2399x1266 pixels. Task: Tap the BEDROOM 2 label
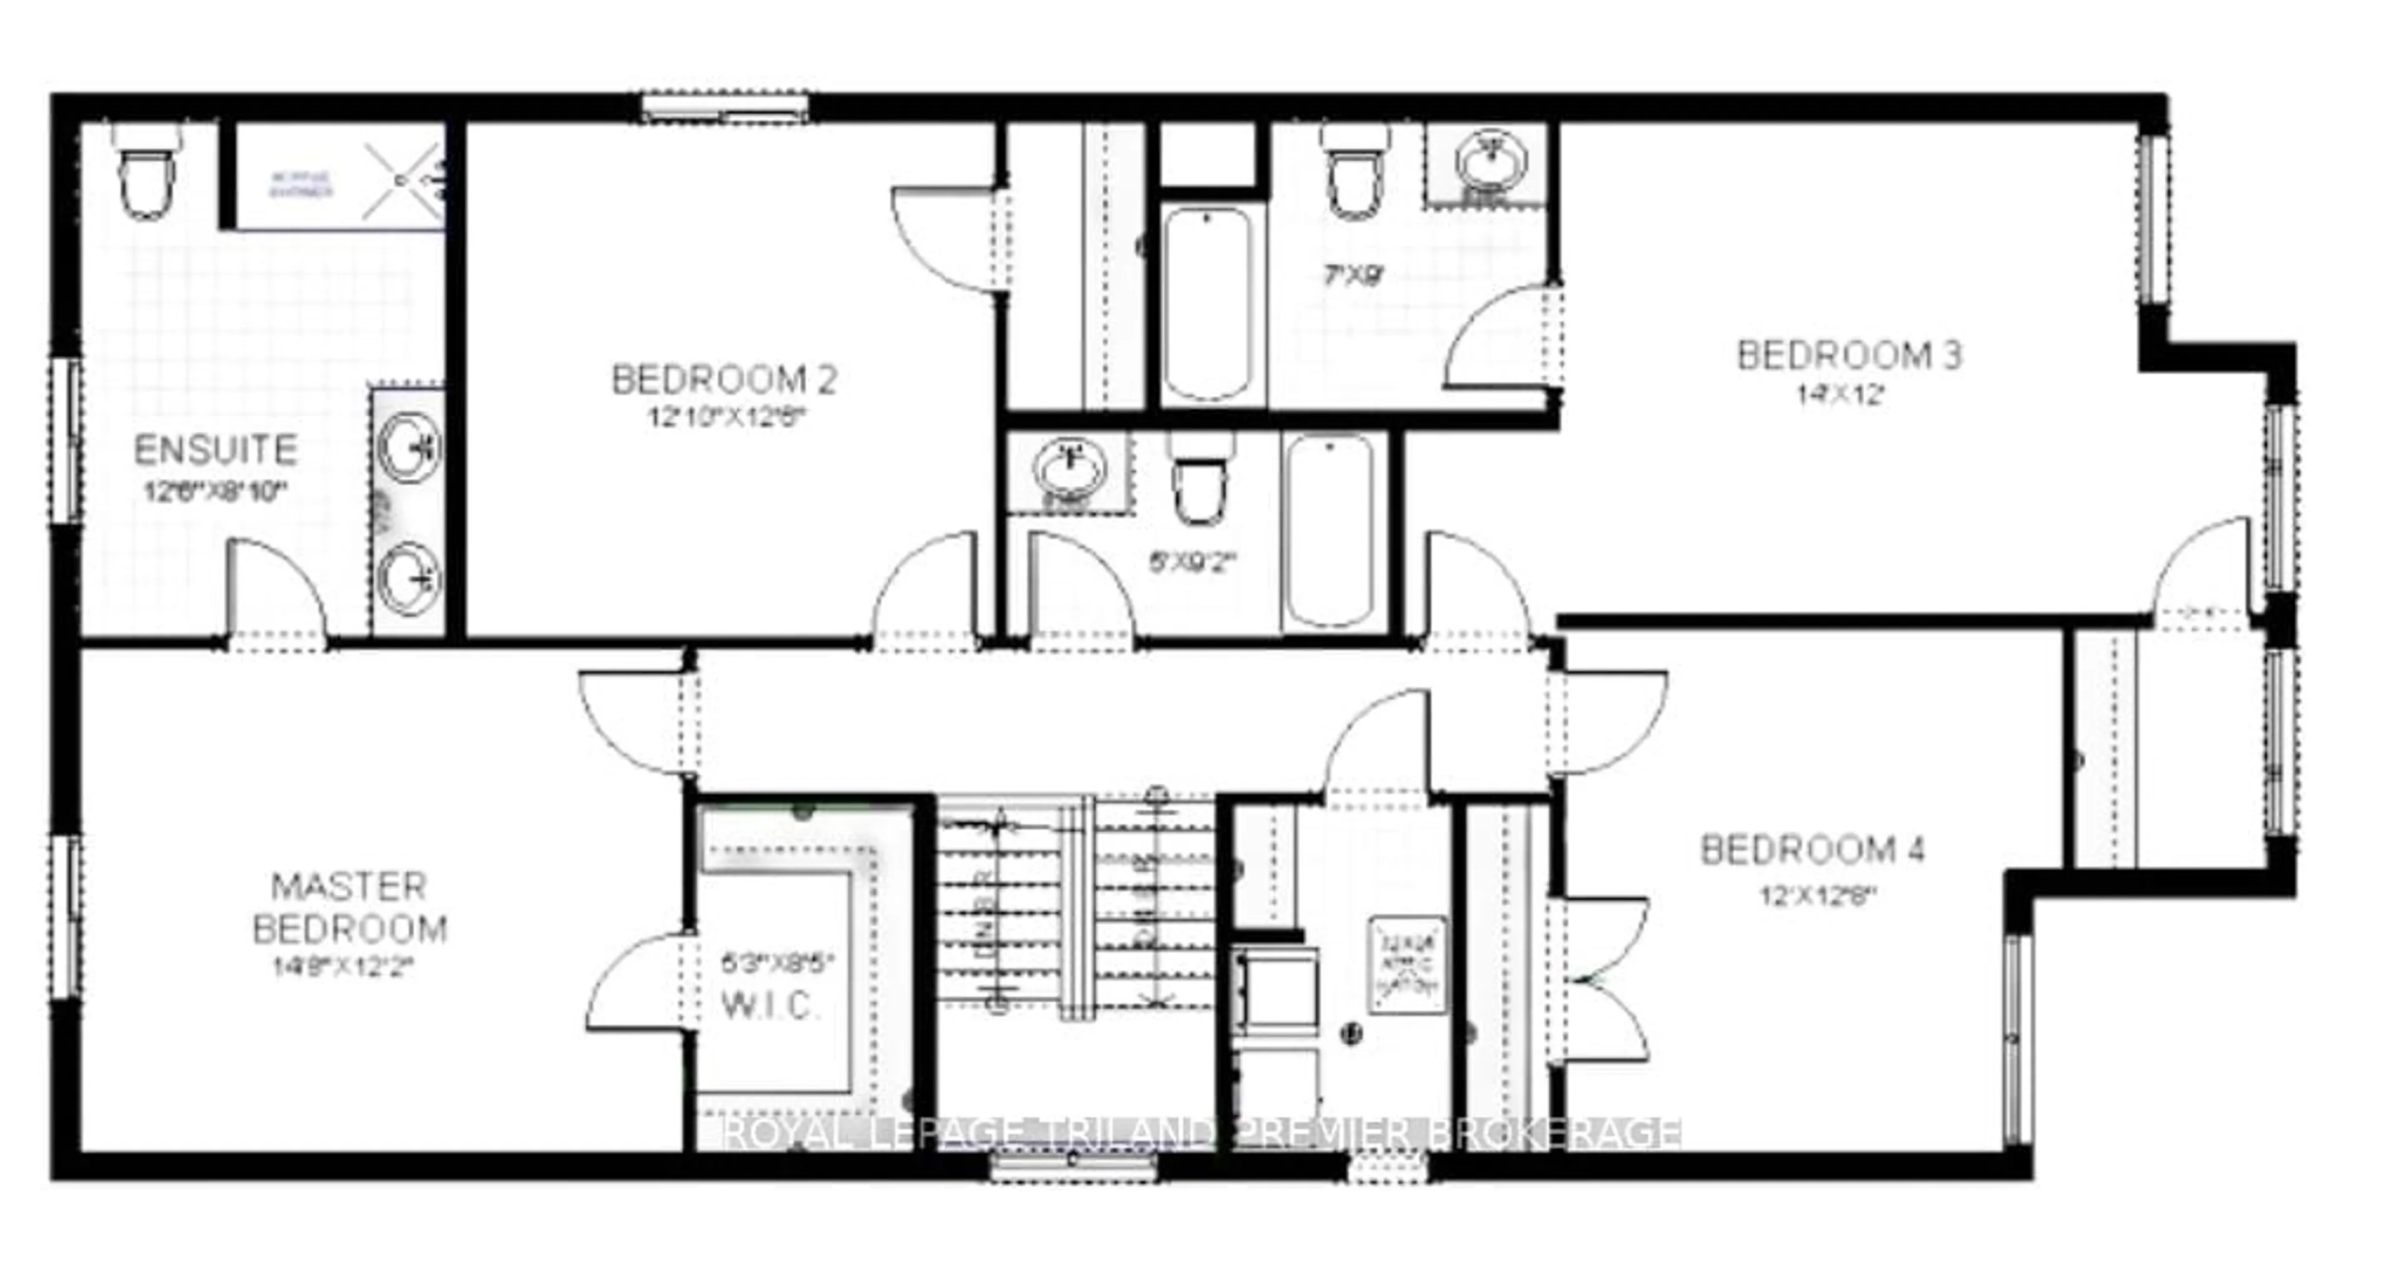(x=723, y=380)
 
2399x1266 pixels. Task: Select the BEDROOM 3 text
(x=1849, y=356)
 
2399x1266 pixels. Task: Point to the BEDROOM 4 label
(x=1812, y=850)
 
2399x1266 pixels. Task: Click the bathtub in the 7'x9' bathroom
(x=1208, y=303)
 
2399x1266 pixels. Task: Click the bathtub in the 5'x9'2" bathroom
(x=1328, y=532)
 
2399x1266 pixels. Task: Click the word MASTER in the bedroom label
(x=349, y=887)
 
